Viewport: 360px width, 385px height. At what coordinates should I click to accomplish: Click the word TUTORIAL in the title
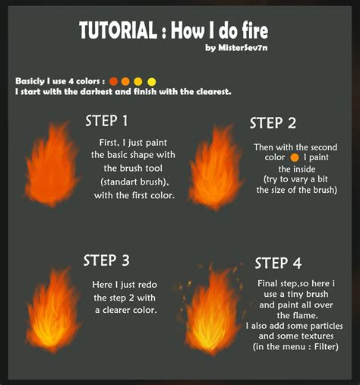coord(118,31)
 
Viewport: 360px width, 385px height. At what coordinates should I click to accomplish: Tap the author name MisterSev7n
coord(237,49)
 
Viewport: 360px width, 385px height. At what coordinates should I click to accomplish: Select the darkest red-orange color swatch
coord(113,80)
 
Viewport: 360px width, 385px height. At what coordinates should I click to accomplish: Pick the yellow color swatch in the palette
coord(151,80)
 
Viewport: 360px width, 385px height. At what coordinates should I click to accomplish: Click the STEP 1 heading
coord(106,121)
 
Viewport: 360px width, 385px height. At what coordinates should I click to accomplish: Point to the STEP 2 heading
coord(273,123)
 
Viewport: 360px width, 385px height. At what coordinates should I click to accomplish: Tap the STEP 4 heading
coord(278,263)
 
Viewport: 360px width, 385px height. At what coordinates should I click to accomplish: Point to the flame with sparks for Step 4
coord(213,311)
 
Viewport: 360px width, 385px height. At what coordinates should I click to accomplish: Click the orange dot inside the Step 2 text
coord(293,158)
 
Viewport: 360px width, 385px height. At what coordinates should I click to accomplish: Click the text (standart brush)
coord(133,181)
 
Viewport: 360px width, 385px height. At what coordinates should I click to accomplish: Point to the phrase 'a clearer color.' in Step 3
coord(126,310)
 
